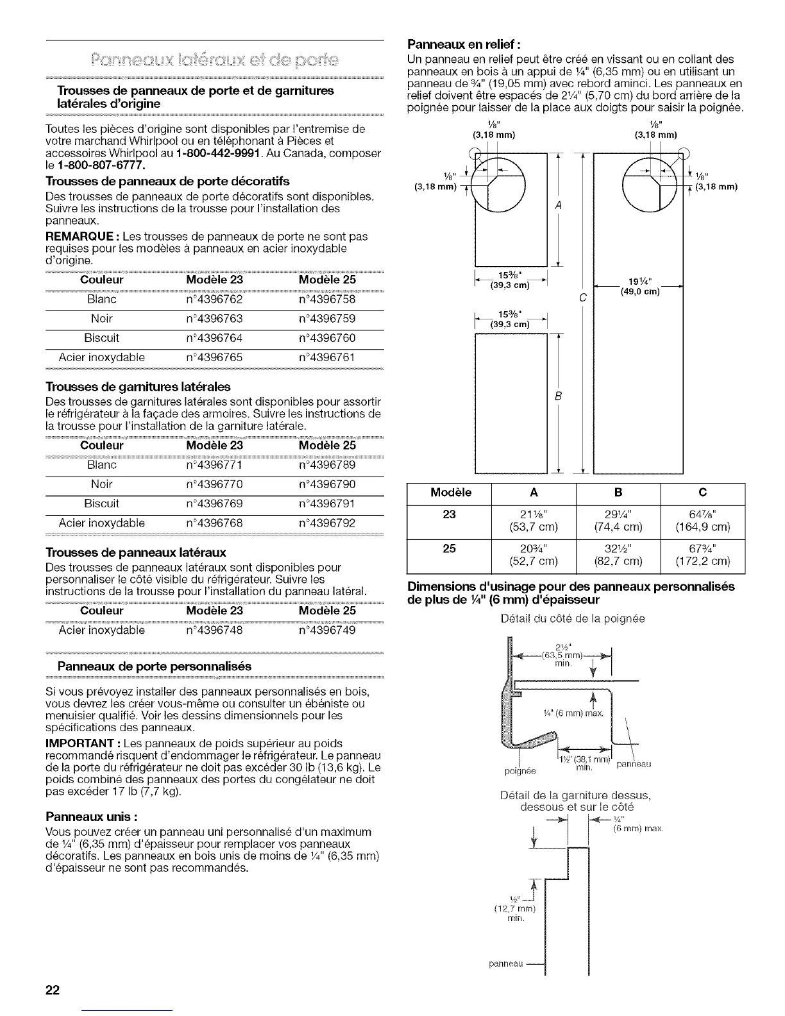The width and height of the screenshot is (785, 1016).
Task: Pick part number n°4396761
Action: coord(327,357)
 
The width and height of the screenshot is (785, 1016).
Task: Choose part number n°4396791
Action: coord(327,503)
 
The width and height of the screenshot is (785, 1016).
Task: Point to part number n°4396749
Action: coord(327,630)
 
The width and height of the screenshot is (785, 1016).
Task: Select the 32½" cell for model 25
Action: coord(618,548)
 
